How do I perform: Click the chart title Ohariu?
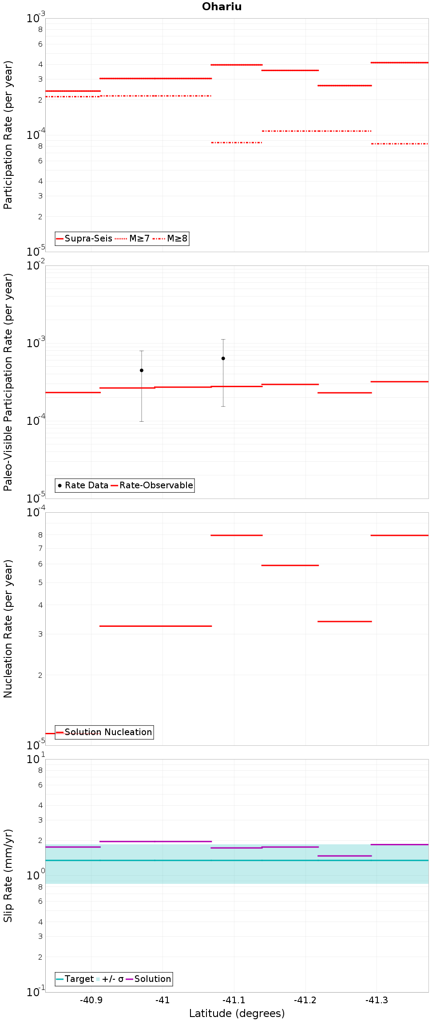[222, 7]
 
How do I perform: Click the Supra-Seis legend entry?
[84, 238]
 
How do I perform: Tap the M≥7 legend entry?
[132, 238]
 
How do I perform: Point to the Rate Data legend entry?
[83, 485]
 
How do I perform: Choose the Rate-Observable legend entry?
[152, 485]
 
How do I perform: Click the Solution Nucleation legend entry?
[104, 732]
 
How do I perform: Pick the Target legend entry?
[75, 979]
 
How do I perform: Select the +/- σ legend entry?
[110, 979]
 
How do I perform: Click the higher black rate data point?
[223, 358]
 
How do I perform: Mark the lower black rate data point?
[142, 370]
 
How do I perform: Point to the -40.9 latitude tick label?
[91, 1000]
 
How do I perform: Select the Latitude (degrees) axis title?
[237, 1013]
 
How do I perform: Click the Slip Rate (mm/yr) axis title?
[8, 875]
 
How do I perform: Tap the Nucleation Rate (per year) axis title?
[8, 629]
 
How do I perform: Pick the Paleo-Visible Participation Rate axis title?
[8, 382]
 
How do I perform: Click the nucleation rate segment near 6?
[290, 565]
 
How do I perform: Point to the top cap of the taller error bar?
[223, 339]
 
